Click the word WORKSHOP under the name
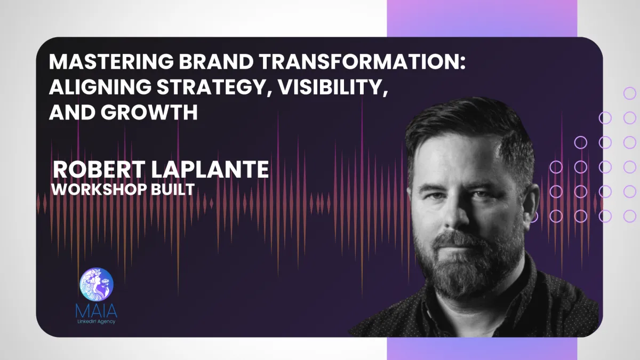97,189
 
